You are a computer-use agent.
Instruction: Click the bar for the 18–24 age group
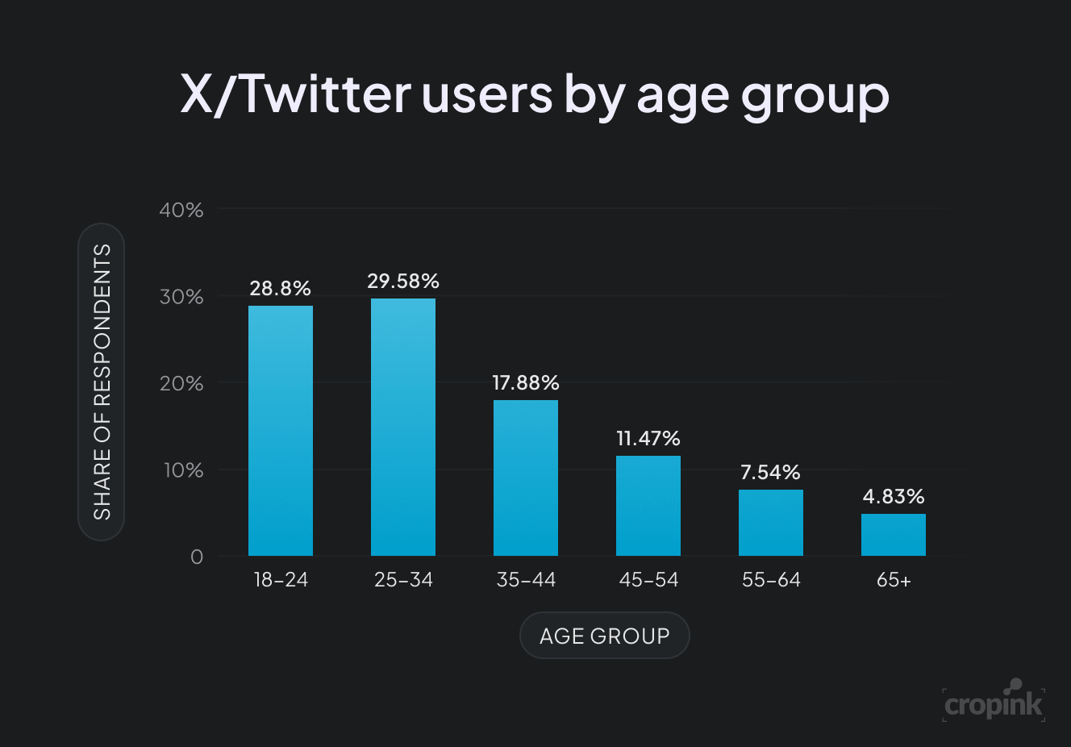click(x=281, y=431)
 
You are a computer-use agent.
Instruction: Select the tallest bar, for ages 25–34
click(x=403, y=427)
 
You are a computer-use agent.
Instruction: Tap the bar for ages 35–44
click(x=526, y=478)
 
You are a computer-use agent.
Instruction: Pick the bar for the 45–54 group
click(x=648, y=506)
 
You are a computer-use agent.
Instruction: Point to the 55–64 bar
click(x=771, y=523)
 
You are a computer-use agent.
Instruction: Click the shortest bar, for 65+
click(x=894, y=535)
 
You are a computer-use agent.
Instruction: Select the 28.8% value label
click(x=280, y=288)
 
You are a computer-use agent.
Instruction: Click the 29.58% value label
click(x=403, y=281)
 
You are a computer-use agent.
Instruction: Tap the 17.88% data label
click(x=526, y=382)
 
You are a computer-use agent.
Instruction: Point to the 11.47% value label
click(x=648, y=438)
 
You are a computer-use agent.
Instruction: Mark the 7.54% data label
click(x=771, y=472)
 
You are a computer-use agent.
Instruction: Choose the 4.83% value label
click(x=894, y=496)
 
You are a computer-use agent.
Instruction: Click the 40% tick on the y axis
click(x=181, y=210)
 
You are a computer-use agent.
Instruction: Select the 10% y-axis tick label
click(x=183, y=470)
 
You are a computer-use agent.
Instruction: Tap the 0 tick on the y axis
click(x=197, y=557)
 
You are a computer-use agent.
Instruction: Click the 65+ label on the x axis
click(x=894, y=580)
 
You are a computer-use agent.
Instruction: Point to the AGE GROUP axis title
click(x=605, y=636)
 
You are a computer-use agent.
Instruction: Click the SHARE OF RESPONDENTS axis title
click(x=102, y=382)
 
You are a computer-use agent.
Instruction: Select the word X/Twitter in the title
click(x=295, y=94)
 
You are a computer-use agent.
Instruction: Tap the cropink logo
click(x=994, y=702)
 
